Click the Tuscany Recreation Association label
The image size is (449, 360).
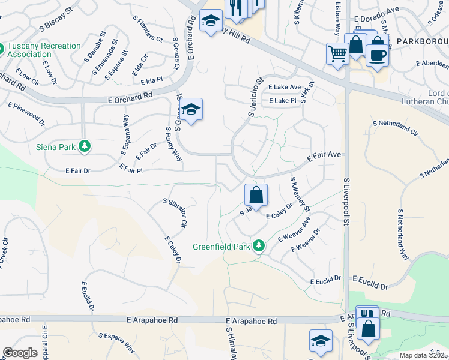(45, 50)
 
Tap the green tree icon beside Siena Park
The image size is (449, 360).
(85, 146)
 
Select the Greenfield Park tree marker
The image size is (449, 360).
(259, 246)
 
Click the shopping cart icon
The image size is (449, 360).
(337, 53)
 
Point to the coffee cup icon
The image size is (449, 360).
(377, 55)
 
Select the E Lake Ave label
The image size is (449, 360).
(284, 87)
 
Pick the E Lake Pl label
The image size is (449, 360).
(283, 101)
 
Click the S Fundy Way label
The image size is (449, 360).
(173, 144)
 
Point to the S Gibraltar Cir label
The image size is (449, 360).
(175, 212)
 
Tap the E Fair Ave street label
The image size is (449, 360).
(324, 158)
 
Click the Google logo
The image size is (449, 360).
(20, 353)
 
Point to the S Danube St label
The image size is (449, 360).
(99, 61)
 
